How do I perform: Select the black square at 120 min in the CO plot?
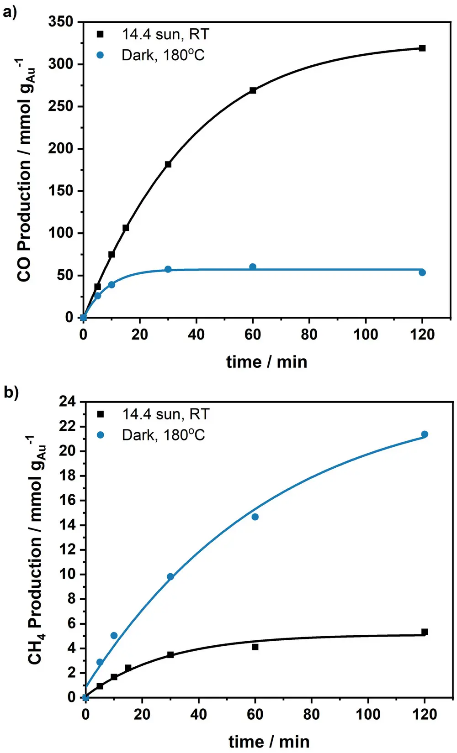click(422, 48)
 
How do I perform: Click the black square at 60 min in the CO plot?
click(253, 90)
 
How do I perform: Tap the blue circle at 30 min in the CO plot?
click(168, 269)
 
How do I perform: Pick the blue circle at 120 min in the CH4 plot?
click(425, 434)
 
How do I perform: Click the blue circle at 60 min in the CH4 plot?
click(255, 517)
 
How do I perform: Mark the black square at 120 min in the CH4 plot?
click(425, 632)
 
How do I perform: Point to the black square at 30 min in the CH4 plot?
click(170, 654)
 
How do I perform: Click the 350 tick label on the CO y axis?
click(60, 21)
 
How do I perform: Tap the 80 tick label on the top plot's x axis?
click(309, 335)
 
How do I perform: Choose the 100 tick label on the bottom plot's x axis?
click(368, 714)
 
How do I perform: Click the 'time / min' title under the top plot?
click(266, 362)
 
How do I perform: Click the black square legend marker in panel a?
click(101, 34)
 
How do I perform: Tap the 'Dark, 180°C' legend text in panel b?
click(163, 435)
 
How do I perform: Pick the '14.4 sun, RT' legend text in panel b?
click(165, 414)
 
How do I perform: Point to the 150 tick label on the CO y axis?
click(60, 191)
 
